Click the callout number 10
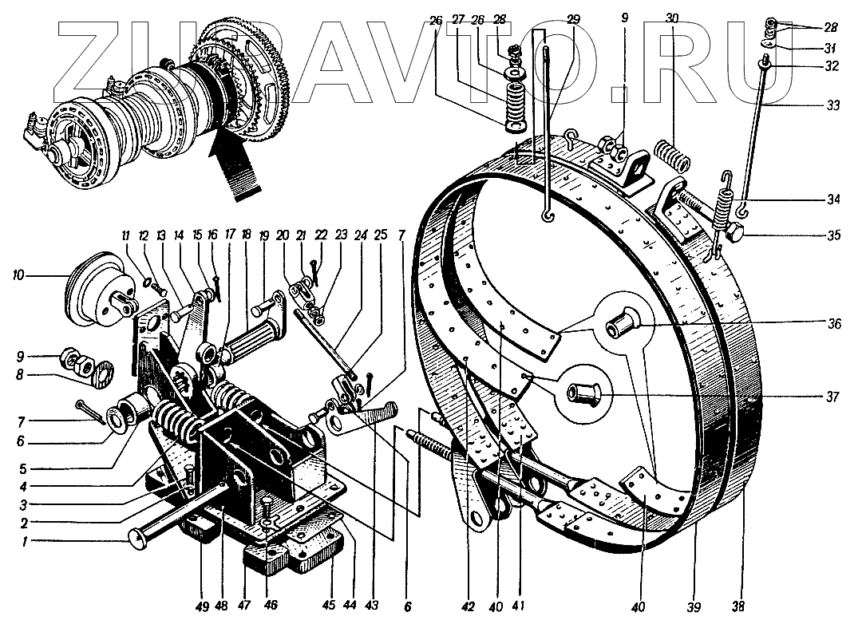(x=18, y=275)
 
